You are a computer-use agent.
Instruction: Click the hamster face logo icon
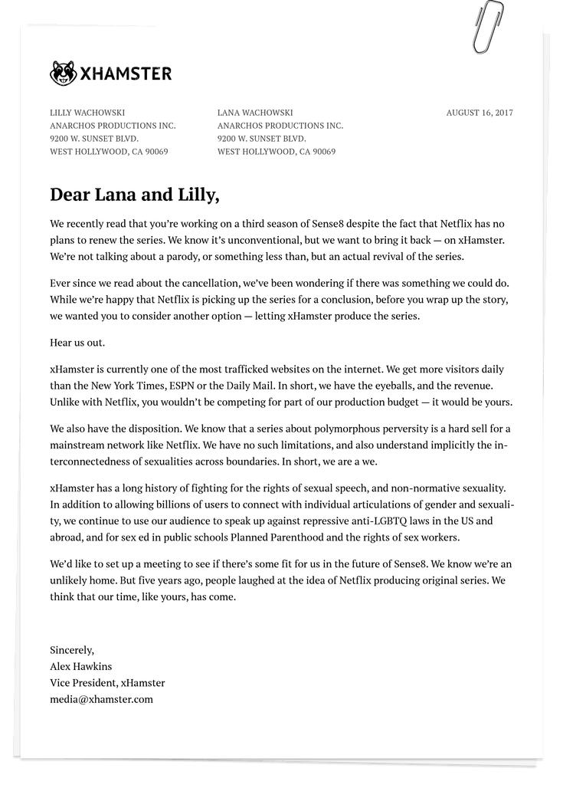(x=63, y=74)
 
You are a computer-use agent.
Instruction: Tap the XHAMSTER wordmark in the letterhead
(x=126, y=74)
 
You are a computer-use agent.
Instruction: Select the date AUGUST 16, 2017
(x=480, y=113)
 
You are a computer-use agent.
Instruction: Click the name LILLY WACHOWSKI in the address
(x=87, y=113)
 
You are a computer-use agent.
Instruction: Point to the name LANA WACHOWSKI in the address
(x=255, y=113)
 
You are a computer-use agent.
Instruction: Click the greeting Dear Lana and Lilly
(x=135, y=195)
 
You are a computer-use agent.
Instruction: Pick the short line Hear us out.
(x=77, y=342)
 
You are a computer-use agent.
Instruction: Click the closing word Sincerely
(x=72, y=650)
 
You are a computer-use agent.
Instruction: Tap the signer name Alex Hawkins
(x=80, y=666)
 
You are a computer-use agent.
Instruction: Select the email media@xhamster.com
(x=101, y=699)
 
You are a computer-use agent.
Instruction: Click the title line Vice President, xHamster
(x=107, y=682)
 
